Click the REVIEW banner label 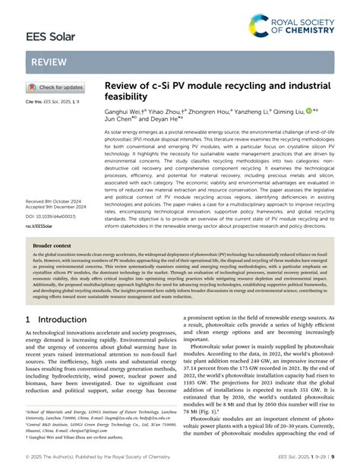48,63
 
